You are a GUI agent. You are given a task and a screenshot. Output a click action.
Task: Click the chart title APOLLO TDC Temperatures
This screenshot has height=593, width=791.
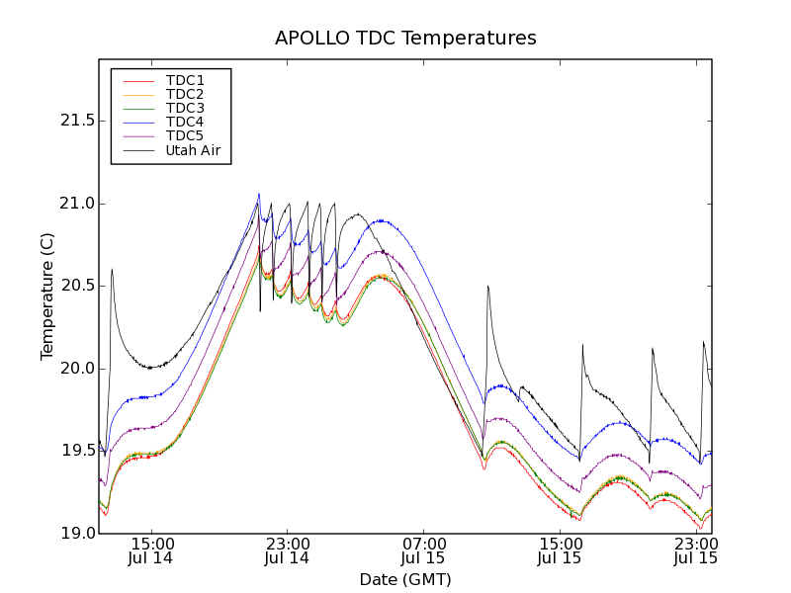click(405, 39)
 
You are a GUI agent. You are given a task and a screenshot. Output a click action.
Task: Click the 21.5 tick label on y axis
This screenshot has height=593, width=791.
click(75, 121)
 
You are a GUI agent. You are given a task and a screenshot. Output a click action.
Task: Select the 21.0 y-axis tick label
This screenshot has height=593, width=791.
click(75, 204)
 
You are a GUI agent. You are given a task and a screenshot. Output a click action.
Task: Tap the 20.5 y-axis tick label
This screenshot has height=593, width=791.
click(75, 286)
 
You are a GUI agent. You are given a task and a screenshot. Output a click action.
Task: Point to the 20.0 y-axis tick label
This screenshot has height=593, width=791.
click(75, 369)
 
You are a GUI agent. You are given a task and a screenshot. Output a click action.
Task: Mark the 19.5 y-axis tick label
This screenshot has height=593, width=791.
click(75, 451)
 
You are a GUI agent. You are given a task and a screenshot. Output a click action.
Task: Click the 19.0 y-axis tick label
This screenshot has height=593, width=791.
click(75, 534)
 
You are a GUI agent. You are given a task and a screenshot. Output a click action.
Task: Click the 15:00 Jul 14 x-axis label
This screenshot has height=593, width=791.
click(152, 551)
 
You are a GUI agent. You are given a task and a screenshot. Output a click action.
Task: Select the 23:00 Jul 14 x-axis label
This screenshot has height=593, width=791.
click(288, 551)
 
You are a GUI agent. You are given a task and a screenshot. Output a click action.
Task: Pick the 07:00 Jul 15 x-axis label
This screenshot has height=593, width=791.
click(424, 551)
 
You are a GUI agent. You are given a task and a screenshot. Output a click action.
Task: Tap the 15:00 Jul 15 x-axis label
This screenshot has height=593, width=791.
click(560, 551)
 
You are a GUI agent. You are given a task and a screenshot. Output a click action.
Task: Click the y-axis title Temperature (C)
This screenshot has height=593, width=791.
click(47, 296)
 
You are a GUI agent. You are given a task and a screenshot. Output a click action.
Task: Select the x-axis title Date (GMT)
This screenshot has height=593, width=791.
click(405, 579)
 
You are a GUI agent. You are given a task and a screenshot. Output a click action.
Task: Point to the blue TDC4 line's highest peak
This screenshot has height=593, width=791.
click(259, 195)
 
